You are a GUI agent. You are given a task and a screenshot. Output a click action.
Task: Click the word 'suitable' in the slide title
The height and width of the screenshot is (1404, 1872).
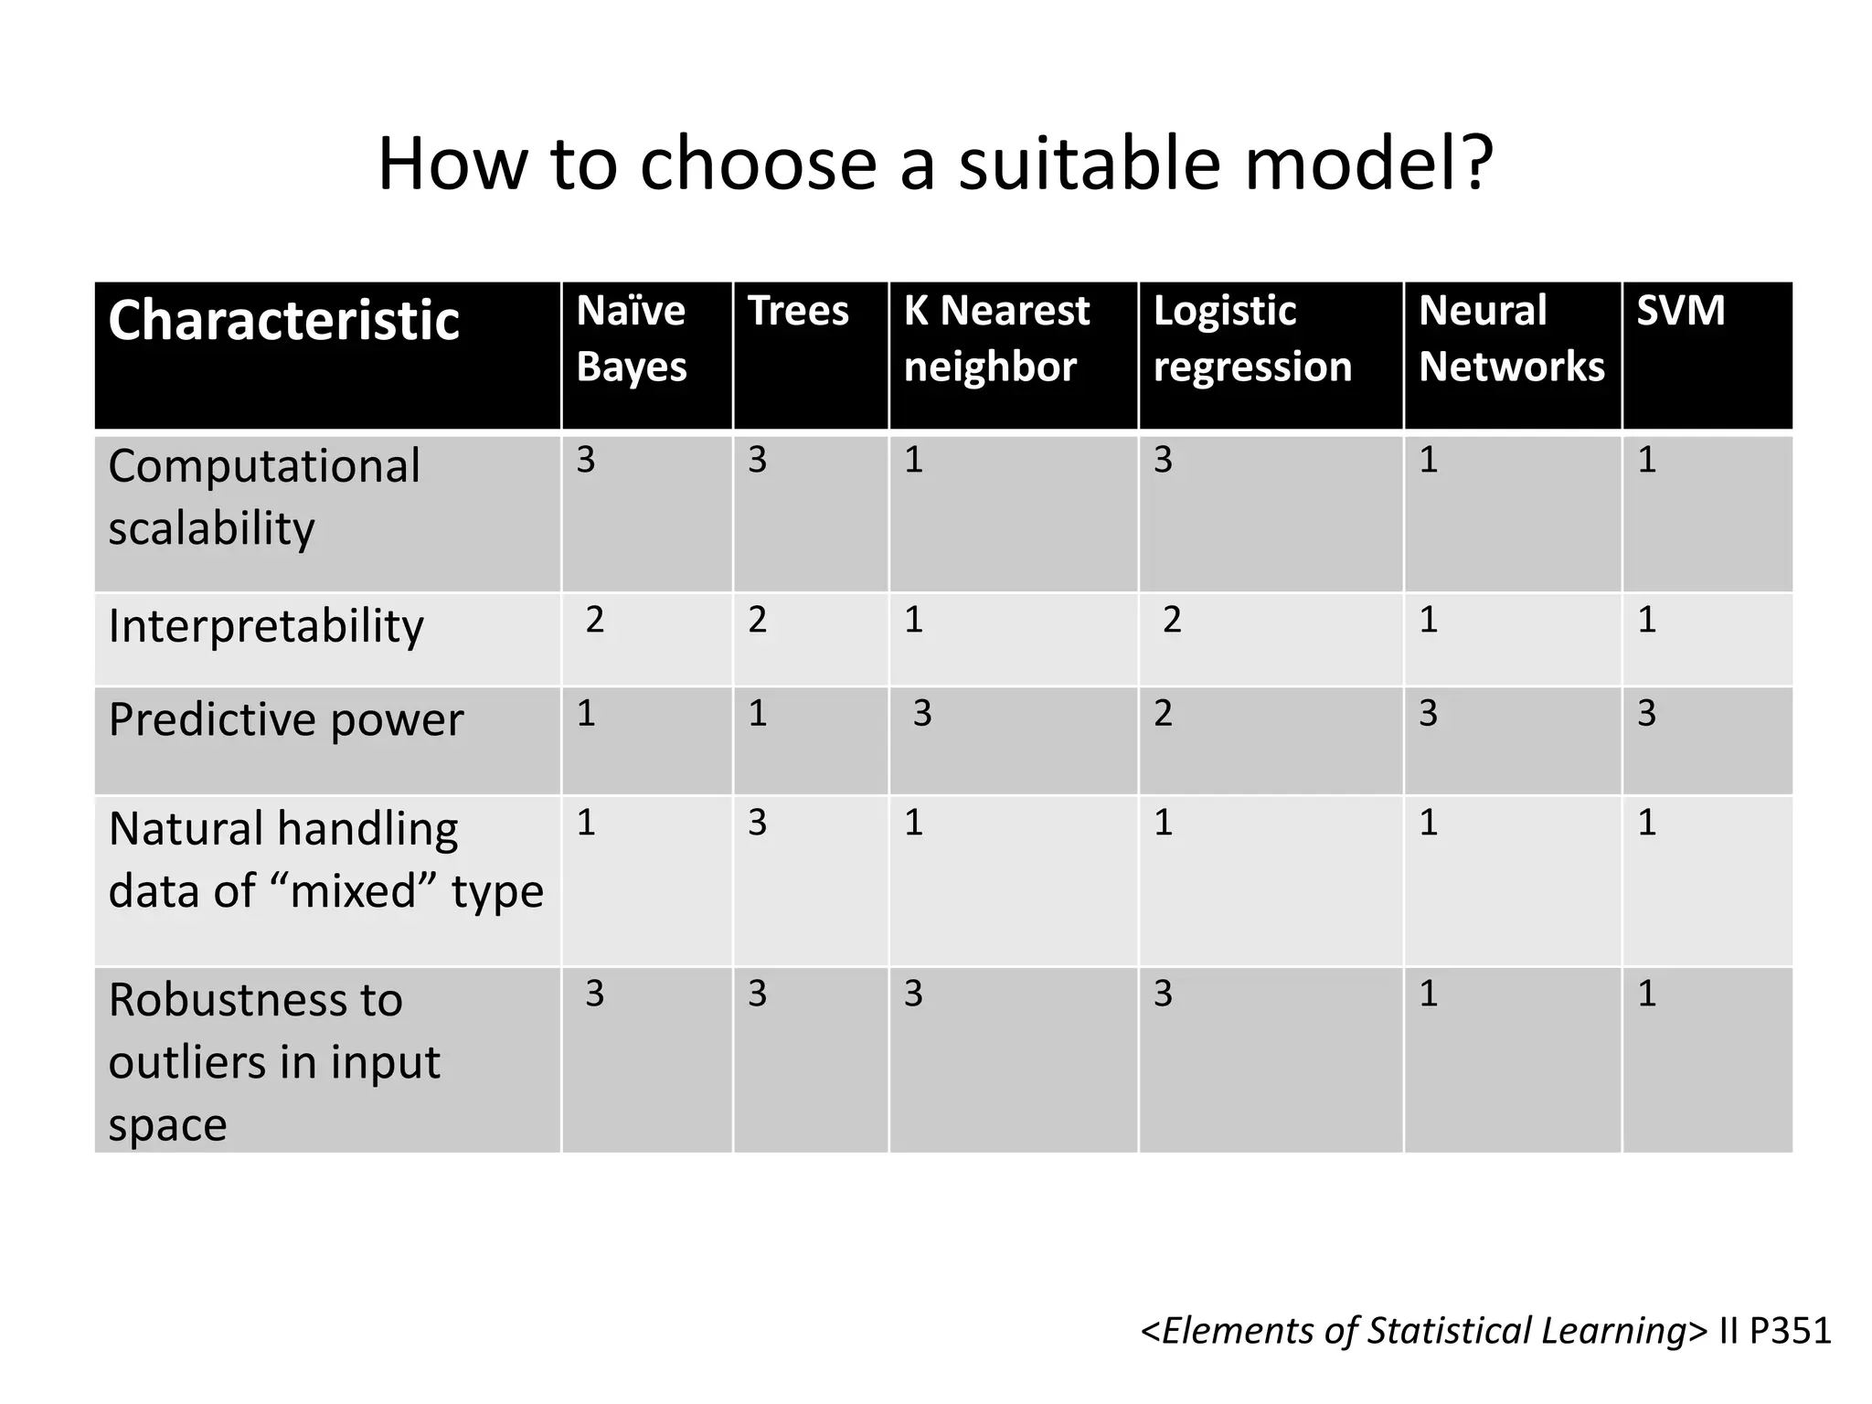pyautogui.click(x=1087, y=165)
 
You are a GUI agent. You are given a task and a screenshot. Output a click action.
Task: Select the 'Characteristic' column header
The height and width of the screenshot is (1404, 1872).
pyautogui.click(x=283, y=321)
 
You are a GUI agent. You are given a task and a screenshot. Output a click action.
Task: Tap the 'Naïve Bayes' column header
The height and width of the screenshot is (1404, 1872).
pyautogui.click(x=631, y=338)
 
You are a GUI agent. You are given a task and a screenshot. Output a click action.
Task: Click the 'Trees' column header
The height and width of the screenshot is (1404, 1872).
pyautogui.click(x=798, y=311)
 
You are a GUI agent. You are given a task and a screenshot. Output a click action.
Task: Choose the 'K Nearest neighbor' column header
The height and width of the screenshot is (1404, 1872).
pyautogui.click(x=996, y=338)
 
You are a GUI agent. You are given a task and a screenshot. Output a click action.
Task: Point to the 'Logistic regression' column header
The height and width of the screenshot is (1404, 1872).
pyautogui.click(x=1251, y=338)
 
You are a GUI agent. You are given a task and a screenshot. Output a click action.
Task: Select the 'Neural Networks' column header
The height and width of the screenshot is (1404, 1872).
pyautogui.click(x=1511, y=338)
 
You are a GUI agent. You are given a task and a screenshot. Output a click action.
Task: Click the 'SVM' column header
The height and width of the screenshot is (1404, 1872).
pyautogui.click(x=1680, y=311)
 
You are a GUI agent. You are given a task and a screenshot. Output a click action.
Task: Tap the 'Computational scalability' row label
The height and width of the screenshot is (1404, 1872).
pyautogui.click(x=263, y=497)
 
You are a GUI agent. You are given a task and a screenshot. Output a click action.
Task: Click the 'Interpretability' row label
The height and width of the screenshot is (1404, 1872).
pyautogui.click(x=265, y=627)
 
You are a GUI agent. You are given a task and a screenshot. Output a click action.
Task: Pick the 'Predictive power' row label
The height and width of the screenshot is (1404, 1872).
pyautogui.click(x=285, y=720)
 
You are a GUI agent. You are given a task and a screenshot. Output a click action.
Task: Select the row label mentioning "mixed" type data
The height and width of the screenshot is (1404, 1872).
pyautogui.click(x=324, y=860)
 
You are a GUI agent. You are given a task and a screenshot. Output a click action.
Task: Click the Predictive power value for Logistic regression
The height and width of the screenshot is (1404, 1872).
pyautogui.click(x=1163, y=713)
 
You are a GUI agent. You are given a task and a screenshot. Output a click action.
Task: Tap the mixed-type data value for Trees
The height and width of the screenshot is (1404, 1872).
pyautogui.click(x=757, y=823)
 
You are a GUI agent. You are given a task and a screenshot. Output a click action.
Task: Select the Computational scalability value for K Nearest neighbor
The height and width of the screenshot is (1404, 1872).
pyautogui.click(x=913, y=460)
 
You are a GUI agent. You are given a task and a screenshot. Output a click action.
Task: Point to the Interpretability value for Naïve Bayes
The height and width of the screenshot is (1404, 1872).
pyautogui.click(x=594, y=620)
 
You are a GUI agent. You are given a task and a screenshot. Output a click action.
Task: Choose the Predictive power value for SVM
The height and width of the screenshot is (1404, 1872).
pyautogui.click(x=1646, y=713)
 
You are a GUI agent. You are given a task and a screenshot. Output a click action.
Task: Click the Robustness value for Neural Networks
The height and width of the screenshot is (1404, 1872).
pyautogui.click(x=1428, y=994)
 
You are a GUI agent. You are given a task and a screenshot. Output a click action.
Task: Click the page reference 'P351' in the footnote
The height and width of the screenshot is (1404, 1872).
pyautogui.click(x=1790, y=1331)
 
